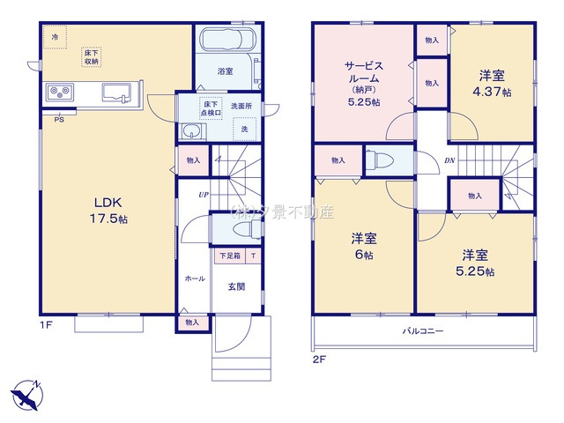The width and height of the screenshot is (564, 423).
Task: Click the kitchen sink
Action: pyautogui.click(x=117, y=93)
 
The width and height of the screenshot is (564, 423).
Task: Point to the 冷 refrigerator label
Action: pyautogui.click(x=55, y=37)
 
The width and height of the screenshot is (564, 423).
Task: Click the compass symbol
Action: pyautogui.click(x=26, y=394)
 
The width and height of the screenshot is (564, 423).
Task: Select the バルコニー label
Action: pyautogui.click(x=423, y=331)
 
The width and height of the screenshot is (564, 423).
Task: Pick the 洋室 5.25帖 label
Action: pyautogui.click(x=475, y=263)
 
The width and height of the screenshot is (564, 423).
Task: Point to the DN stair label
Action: pyautogui.click(x=449, y=160)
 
